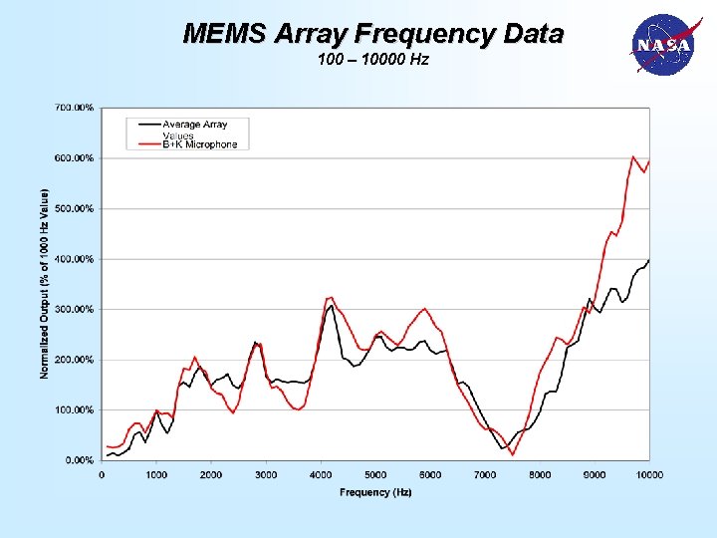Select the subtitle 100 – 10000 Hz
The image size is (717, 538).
pyautogui.click(x=373, y=61)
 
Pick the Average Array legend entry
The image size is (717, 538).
pyautogui.click(x=195, y=126)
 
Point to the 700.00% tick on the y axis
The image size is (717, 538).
pyautogui.click(x=75, y=107)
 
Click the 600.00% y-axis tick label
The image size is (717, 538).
pyautogui.click(x=75, y=157)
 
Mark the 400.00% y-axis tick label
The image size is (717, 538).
pyautogui.click(x=75, y=259)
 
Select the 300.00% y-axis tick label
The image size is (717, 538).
pyautogui.click(x=75, y=309)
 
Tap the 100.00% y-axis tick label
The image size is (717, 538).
pyautogui.click(x=75, y=409)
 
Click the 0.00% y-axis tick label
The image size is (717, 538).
pyautogui.click(x=78, y=460)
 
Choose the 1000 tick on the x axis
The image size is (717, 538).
pyautogui.click(x=156, y=475)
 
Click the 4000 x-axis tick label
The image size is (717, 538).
pyautogui.click(x=321, y=475)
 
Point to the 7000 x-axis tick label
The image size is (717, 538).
pyautogui.click(x=485, y=475)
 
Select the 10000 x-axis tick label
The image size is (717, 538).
pyautogui.click(x=649, y=475)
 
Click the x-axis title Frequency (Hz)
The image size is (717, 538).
pyautogui.click(x=375, y=492)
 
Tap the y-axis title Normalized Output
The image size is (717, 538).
pyautogui.click(x=45, y=284)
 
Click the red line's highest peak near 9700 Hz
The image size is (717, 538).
pyautogui.click(x=633, y=156)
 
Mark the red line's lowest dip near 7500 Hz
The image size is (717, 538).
pyautogui.click(x=513, y=454)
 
